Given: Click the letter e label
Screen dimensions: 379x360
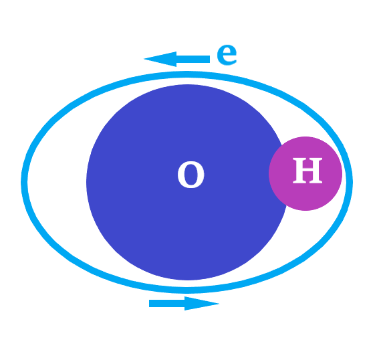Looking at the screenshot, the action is pos(227,55).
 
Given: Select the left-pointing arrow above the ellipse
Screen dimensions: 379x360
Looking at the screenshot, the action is pos(176,59).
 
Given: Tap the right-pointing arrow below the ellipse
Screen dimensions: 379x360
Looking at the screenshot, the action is pos(184,303).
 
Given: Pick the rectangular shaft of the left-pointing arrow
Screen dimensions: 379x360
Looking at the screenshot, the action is pos(193,59).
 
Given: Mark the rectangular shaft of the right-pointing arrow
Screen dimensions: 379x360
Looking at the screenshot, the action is pos(167,303).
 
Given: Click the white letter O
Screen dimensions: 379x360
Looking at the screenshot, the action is pos(191,175).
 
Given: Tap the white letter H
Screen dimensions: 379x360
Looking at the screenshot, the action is pos(307,171).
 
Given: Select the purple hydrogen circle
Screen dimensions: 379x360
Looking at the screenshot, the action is pos(305,173).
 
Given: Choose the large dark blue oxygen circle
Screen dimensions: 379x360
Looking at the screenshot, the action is pos(186,182).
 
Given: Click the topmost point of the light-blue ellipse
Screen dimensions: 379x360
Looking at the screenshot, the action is pos(187,74).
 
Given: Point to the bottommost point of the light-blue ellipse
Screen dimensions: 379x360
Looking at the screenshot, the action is pos(187,290).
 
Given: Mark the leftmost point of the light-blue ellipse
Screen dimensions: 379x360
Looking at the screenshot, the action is pos(24,182).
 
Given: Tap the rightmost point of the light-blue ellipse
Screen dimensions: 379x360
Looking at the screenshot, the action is pos(350,182).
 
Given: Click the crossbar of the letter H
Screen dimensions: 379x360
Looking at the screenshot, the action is pos(307,171).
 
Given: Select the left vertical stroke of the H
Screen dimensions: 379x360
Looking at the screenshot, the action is pos(297,171).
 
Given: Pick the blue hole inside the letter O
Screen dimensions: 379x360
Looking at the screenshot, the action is pos(191,175).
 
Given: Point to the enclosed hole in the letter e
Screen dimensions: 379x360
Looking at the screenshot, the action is pos(226,51).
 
